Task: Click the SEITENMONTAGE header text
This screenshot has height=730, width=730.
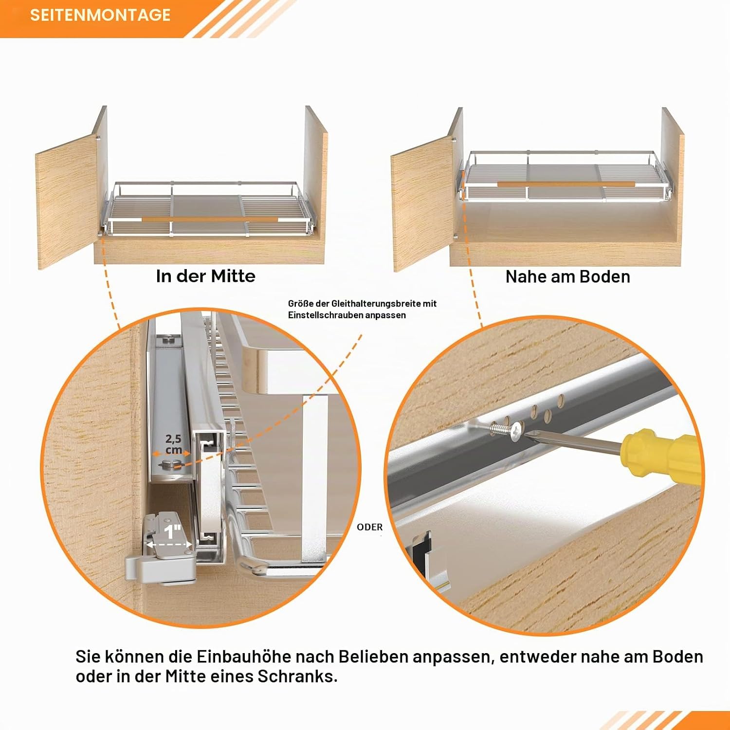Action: (100, 15)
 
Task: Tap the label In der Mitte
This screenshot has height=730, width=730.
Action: (205, 276)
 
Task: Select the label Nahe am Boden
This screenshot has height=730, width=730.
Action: (567, 276)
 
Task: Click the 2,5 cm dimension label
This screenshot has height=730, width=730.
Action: (173, 445)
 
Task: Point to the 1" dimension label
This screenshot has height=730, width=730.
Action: (172, 531)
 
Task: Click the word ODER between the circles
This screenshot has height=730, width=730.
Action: (370, 527)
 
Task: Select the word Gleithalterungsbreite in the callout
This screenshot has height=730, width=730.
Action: (373, 304)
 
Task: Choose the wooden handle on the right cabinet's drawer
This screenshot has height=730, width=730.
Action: (566, 184)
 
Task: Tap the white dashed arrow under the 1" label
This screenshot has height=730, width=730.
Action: (168, 545)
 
